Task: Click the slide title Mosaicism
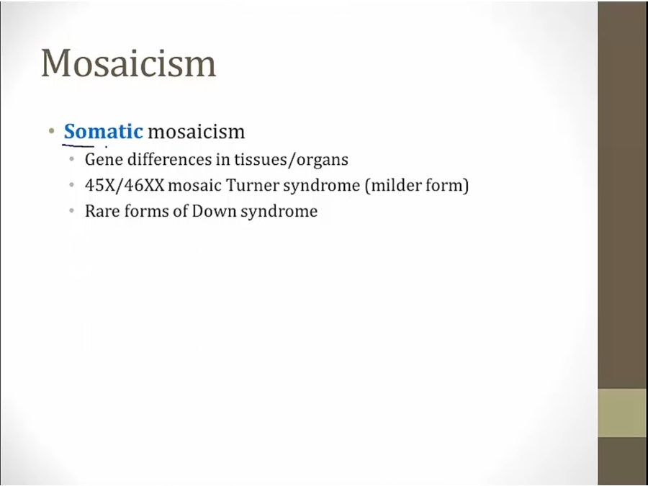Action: (129, 63)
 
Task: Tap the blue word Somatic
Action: (103, 132)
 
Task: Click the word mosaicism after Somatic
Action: (197, 132)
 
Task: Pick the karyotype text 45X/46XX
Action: (125, 185)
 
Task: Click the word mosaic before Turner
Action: (194, 185)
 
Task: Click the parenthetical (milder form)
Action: (417, 186)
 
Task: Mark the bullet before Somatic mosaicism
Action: (51, 132)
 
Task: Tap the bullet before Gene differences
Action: (72, 159)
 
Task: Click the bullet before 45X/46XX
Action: (72, 185)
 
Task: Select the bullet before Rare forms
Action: (72, 211)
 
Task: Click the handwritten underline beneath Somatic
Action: (78, 145)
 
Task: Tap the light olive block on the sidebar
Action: (622, 413)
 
